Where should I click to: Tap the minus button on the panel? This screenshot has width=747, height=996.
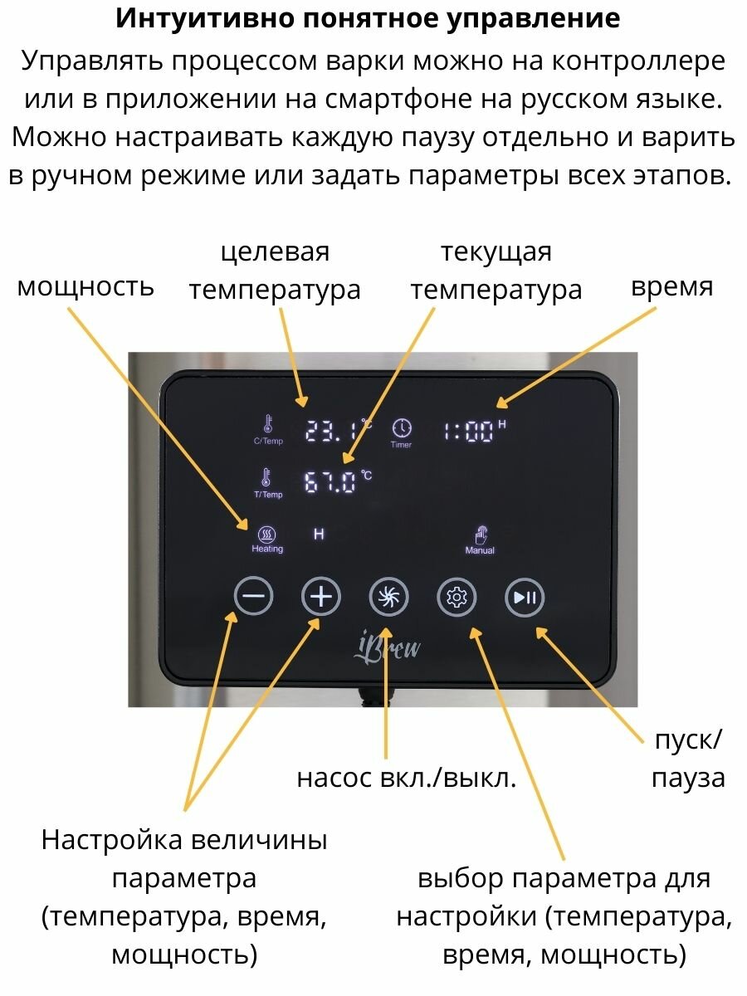253,596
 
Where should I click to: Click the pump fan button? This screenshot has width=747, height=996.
388,596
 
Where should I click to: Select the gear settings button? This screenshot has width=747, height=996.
456,596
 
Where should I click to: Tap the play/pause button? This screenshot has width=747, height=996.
525,596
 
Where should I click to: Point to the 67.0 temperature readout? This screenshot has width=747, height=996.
331,482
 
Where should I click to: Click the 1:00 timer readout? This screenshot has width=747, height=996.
470,431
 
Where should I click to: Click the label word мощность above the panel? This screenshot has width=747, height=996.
85,286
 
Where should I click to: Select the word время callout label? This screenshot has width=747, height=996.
671,286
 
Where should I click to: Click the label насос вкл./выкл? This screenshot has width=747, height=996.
407,778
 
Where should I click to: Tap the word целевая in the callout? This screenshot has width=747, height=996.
275,251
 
